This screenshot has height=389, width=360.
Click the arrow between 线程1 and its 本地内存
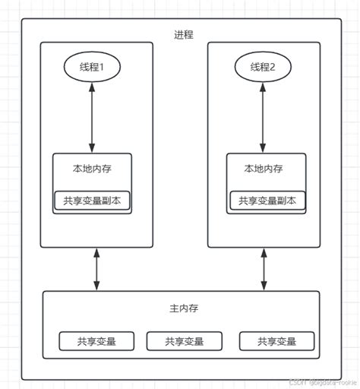click(93, 118)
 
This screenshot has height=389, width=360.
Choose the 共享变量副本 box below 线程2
click(267, 201)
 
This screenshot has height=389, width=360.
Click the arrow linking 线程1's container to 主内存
click(96, 268)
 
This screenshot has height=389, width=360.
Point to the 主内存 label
click(182, 309)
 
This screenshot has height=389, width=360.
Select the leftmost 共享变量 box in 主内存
click(96, 341)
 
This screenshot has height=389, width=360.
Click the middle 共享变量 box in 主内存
click(185, 341)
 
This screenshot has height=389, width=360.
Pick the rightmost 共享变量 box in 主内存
click(276, 341)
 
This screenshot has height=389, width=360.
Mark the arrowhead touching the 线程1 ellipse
click(93, 88)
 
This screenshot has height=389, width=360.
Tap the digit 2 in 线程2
click(283, 67)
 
